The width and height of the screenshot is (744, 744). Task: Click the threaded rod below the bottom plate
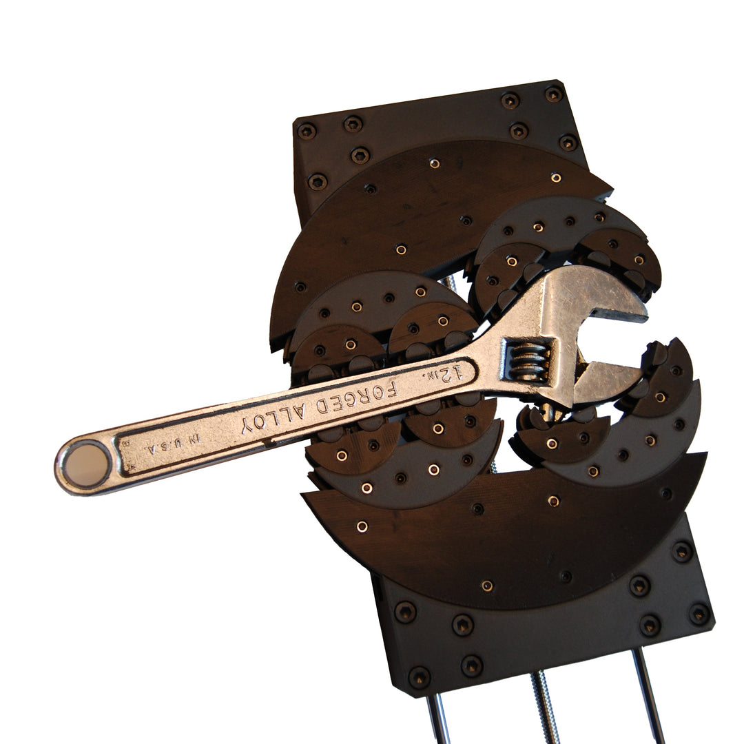(544, 710)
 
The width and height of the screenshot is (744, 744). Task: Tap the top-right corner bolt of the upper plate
(553, 94)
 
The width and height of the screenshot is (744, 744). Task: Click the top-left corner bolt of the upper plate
(307, 130)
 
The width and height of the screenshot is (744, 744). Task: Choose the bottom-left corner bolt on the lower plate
(420, 676)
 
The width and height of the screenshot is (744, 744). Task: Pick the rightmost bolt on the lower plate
(699, 613)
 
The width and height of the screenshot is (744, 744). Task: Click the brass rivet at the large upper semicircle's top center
(434, 163)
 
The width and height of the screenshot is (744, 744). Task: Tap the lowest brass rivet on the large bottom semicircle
(486, 586)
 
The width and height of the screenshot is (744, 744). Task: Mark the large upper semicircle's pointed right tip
(610, 188)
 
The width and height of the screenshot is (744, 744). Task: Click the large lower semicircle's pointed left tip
(303, 494)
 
